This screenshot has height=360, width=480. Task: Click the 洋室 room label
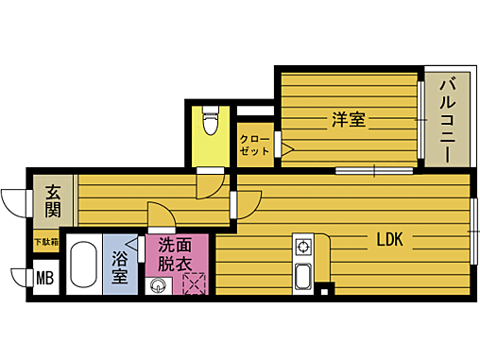coord(348,121)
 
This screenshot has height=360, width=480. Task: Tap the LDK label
coord(389,240)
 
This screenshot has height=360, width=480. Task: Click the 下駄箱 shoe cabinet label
coord(46,242)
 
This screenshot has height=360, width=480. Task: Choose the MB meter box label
coord(44,279)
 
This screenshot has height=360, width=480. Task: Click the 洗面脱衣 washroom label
coord(175,253)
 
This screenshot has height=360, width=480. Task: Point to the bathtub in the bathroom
coord(84,267)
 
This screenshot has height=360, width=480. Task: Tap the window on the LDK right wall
coord(475,229)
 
